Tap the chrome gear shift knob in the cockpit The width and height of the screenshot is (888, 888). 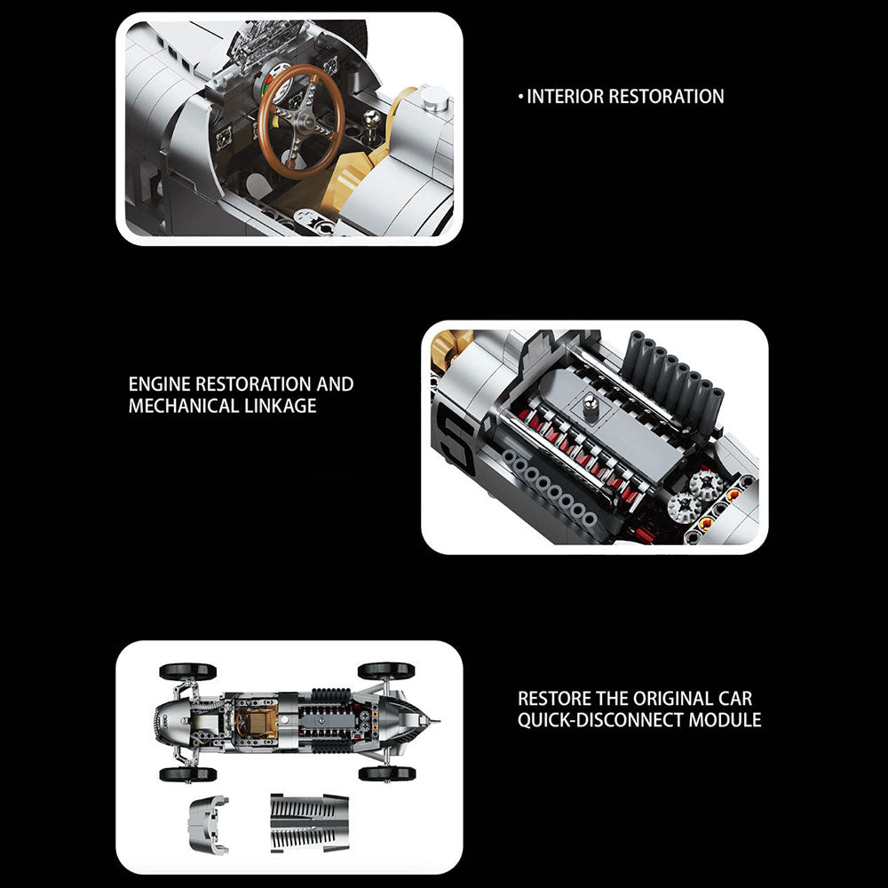pos(370,118)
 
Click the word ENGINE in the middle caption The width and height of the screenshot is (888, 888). pos(159,384)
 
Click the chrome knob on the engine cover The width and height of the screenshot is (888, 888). pos(591,406)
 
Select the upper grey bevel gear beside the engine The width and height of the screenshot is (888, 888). pos(706,484)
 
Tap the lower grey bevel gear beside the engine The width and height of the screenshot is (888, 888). pos(684,504)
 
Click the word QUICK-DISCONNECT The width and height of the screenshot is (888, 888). pos(600,720)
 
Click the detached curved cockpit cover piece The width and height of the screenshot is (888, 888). pos(209,823)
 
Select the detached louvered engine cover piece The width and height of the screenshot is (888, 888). pos(309,822)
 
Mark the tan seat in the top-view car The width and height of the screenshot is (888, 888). pos(258,721)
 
